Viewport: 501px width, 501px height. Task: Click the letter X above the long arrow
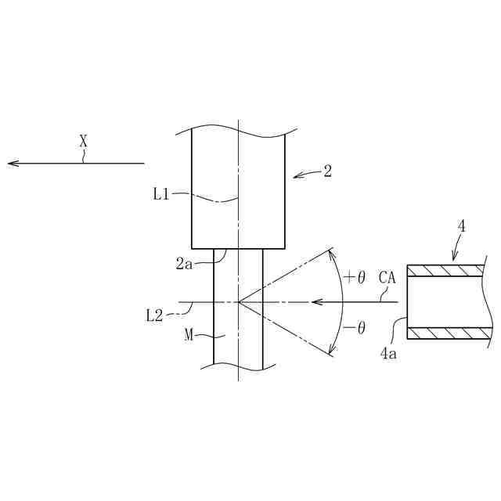83,141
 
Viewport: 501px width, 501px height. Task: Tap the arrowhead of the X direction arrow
12,164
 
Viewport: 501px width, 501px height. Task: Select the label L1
160,194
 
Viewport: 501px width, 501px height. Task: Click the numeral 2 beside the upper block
327,171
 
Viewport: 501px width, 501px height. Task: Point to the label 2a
184,265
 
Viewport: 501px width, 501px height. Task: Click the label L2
154,315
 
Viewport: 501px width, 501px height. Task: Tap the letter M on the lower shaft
189,335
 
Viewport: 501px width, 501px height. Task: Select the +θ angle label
355,277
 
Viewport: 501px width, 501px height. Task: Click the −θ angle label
355,328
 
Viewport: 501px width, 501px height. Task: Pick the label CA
387,277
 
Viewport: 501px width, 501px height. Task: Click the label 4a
388,354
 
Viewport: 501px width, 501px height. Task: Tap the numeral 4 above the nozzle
462,227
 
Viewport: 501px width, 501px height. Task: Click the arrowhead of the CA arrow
315,301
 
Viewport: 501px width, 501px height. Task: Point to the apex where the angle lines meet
238,301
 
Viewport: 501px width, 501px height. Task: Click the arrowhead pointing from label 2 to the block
296,176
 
